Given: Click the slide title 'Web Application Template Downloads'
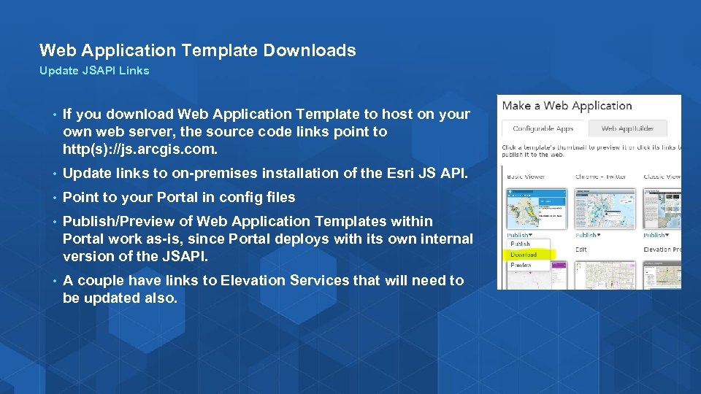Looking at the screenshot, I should pyautogui.click(x=197, y=50).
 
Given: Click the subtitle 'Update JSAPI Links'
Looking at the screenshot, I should pyautogui.click(x=94, y=71).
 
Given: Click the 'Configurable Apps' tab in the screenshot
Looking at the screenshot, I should pyautogui.click(x=543, y=128).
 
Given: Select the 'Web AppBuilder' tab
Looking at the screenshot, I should pyautogui.click(x=627, y=128).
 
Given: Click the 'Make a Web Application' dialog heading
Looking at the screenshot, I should pyautogui.click(x=567, y=107).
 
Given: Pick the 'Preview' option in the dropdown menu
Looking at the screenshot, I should pyautogui.click(x=521, y=266).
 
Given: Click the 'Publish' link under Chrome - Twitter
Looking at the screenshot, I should pyautogui.click(x=587, y=236).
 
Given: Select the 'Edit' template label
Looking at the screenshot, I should pyautogui.click(x=581, y=250).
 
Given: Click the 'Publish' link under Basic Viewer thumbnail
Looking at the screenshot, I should pyautogui.click(x=519, y=236).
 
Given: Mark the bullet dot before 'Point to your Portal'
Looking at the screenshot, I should pyautogui.click(x=54, y=198).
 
